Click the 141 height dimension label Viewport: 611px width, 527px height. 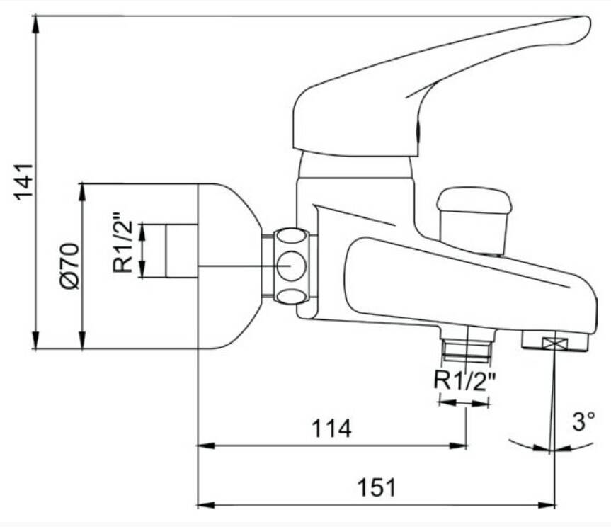23,182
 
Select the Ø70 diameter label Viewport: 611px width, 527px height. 70,266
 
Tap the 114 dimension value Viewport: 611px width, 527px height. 331,429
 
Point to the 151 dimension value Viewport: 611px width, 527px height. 377,487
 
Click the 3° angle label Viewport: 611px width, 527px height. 583,421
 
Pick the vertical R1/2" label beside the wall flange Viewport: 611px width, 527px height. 122,242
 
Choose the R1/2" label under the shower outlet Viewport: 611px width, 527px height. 465,380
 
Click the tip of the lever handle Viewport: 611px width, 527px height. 589,23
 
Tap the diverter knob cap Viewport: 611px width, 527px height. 474,200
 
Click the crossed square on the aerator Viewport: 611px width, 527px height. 555,344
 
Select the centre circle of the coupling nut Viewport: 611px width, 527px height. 292,266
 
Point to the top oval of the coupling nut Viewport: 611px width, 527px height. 290,236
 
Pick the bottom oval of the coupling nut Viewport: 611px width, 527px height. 292,296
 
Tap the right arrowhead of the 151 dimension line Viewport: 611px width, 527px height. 547,505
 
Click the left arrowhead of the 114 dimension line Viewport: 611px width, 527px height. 207,446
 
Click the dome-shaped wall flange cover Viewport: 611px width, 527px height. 230,266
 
